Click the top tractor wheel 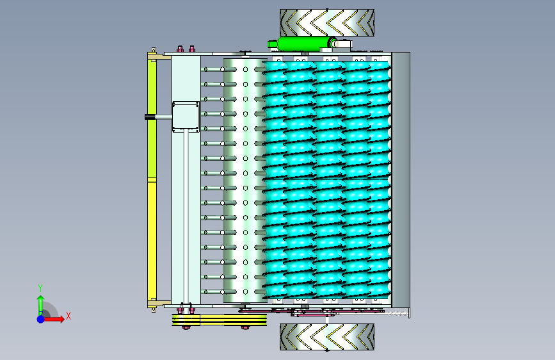tap(326, 22)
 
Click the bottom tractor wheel tap(326, 336)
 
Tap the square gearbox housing tap(186, 117)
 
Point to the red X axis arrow tap(53, 319)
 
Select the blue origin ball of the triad tap(41, 319)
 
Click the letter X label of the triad tap(68, 316)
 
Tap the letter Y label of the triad tap(40, 288)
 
